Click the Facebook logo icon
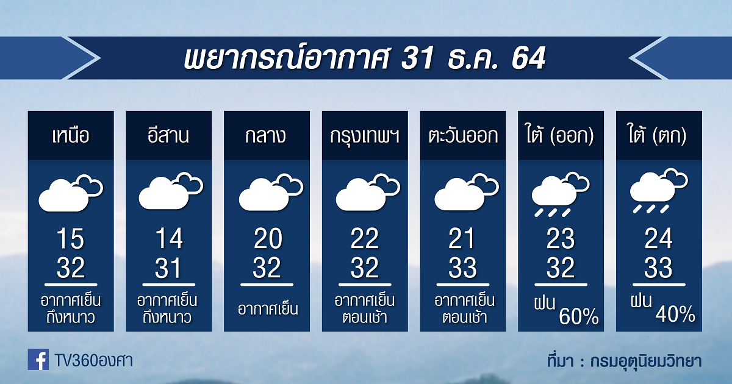[x=38, y=359]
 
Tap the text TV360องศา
[x=94, y=361]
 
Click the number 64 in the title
[x=528, y=58]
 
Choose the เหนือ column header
[x=71, y=135]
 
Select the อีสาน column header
[x=168, y=135]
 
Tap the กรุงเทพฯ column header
[x=365, y=136]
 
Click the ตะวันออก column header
[x=463, y=135]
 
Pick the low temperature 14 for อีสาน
[x=169, y=238]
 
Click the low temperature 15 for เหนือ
[x=71, y=238]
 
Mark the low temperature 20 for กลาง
[x=268, y=238]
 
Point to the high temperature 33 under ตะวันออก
[x=463, y=268]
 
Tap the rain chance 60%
[x=579, y=316]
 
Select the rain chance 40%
[x=675, y=314]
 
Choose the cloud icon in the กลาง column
[x=271, y=193]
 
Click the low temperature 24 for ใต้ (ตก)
[x=658, y=238]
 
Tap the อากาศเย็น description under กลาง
[x=268, y=308]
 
